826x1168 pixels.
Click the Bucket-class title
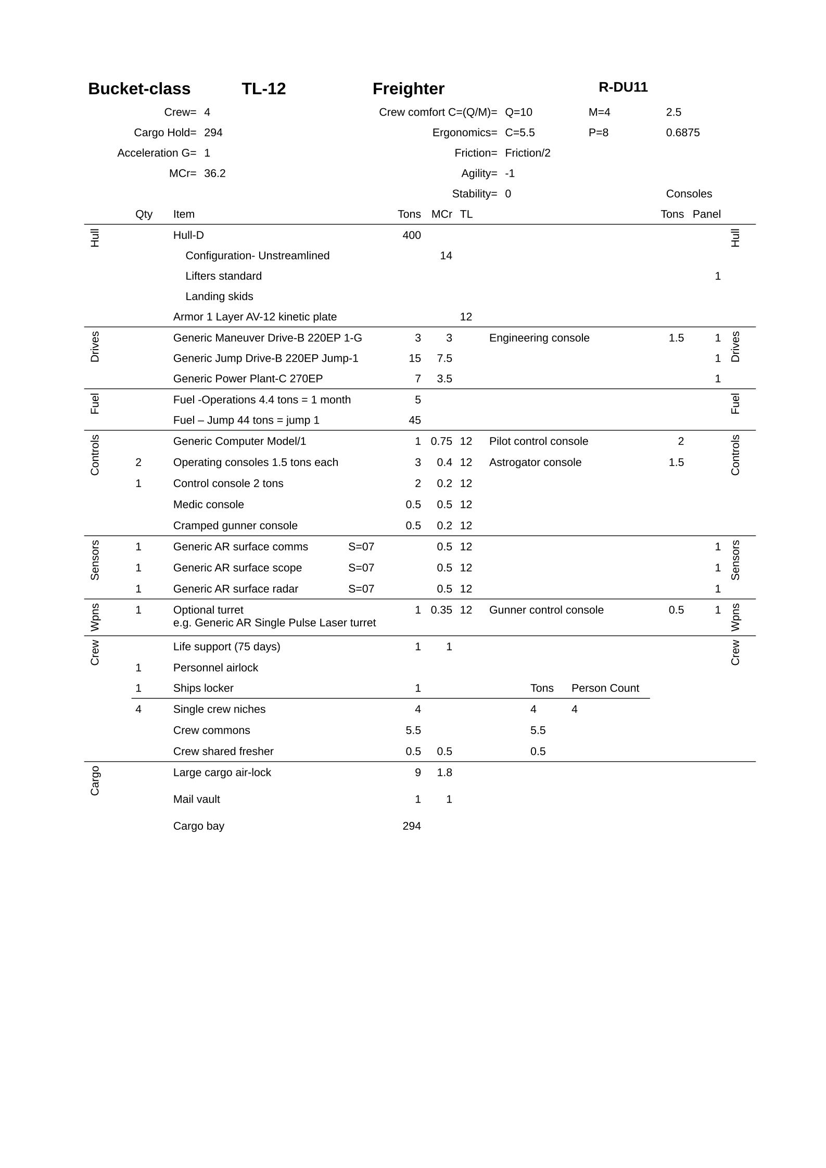(x=139, y=89)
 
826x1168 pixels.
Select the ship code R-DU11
(x=622, y=87)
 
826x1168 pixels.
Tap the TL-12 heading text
(x=263, y=89)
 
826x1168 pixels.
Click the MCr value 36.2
(x=214, y=173)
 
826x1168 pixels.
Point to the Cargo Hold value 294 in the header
(x=213, y=133)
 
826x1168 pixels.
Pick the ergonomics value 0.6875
(x=682, y=133)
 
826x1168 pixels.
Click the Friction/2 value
(x=527, y=153)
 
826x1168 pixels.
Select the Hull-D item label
(x=188, y=235)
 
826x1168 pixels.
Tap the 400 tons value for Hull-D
(x=411, y=235)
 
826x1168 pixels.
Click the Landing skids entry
(x=219, y=297)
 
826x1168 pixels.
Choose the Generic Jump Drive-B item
(x=265, y=358)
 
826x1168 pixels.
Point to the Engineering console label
(x=539, y=338)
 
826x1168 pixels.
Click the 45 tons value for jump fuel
(x=414, y=420)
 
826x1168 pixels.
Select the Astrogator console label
(x=535, y=463)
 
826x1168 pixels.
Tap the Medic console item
(x=208, y=505)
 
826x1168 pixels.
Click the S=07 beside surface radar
(x=361, y=589)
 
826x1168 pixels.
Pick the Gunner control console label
(x=546, y=610)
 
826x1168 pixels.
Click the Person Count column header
(x=605, y=688)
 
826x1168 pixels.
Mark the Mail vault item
(x=196, y=799)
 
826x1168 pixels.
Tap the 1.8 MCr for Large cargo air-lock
(x=444, y=773)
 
